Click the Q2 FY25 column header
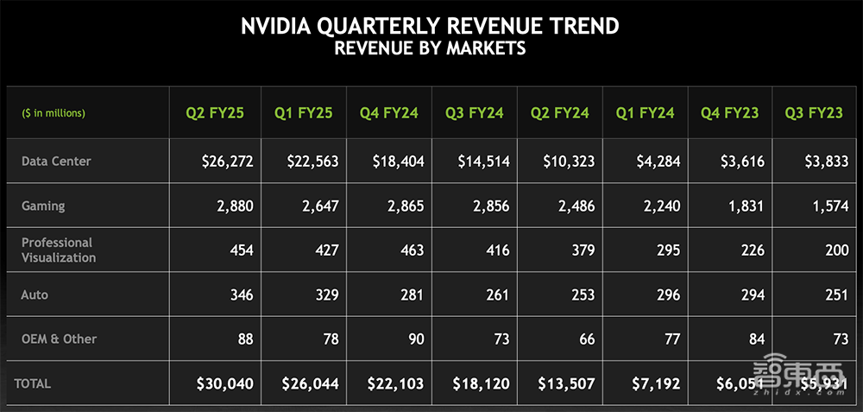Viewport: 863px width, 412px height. point(215,112)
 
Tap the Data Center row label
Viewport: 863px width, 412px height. point(56,161)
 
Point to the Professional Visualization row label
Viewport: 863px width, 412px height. point(59,250)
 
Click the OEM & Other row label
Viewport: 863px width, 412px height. point(59,339)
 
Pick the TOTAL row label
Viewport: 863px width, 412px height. point(31,383)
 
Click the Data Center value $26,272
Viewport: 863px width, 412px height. point(224,162)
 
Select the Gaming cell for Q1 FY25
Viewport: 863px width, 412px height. point(315,206)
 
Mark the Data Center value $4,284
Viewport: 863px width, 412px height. point(655,162)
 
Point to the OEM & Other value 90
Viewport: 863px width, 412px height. point(416,339)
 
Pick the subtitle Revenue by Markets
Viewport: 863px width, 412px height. point(430,48)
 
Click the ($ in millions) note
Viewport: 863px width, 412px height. point(54,112)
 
